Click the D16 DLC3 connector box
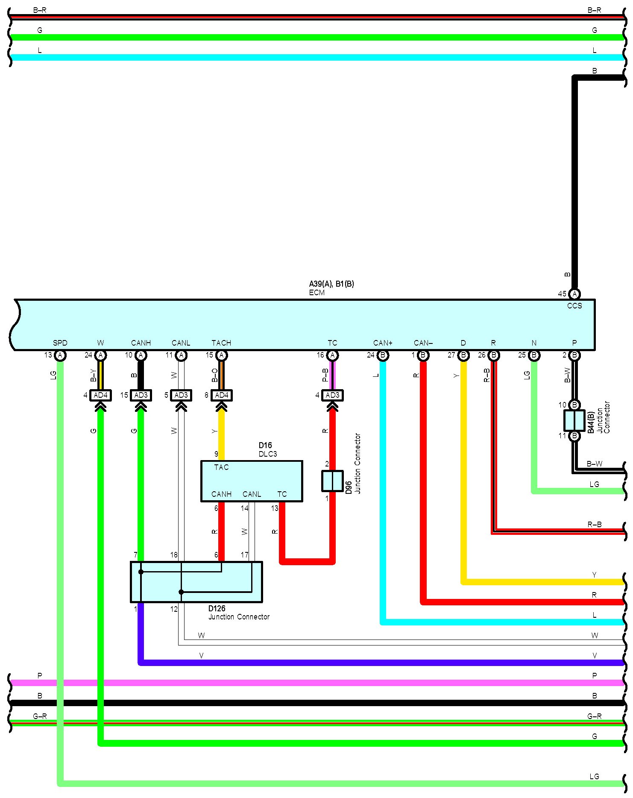252,481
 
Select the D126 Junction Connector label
238,613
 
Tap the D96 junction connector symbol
332,481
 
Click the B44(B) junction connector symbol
574,420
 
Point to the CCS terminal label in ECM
574,306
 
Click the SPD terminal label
60,343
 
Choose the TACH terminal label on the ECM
221,343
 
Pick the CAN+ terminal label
383,343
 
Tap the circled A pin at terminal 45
574,294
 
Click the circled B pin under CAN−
423,355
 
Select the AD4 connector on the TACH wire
222,395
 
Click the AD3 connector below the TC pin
332,395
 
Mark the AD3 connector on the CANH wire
141,395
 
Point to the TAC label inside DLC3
221,467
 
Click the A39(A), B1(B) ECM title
331,284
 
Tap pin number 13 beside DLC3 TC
275,508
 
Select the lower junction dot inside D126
181,592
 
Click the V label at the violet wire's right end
595,656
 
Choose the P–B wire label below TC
325,375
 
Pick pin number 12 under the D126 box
174,609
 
